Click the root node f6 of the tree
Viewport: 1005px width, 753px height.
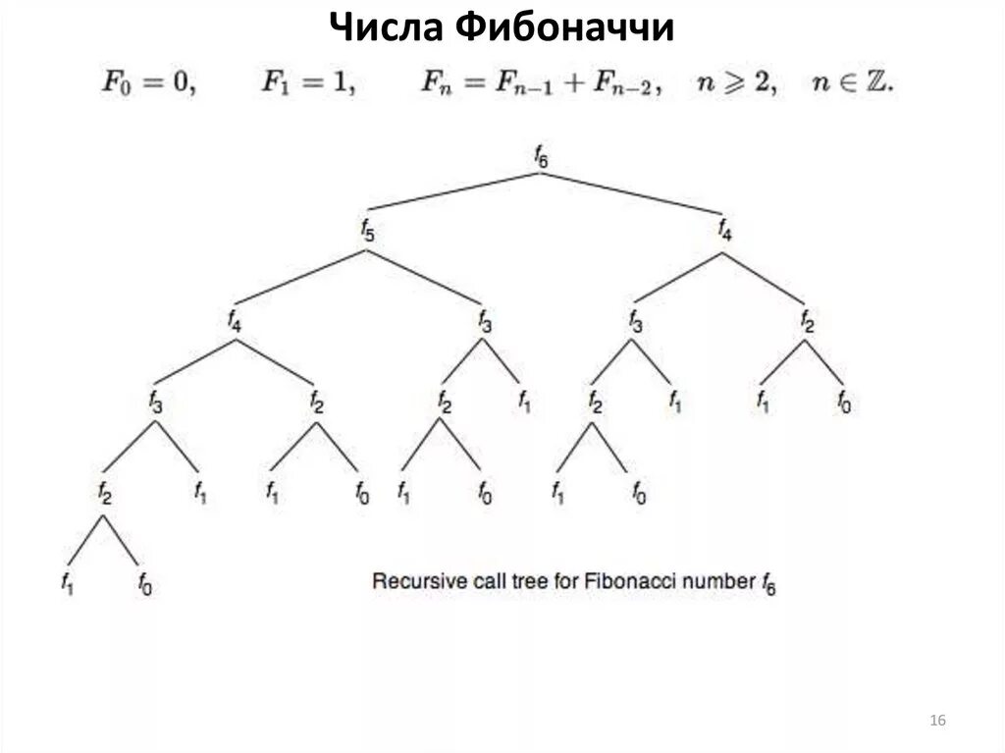point(541,156)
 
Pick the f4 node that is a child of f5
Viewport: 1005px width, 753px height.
point(234,320)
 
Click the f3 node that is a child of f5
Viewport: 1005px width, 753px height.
point(484,320)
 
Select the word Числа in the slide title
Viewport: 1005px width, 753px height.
point(387,27)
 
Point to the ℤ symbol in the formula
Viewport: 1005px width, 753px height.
point(876,84)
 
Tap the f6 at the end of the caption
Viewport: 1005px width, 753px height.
point(767,584)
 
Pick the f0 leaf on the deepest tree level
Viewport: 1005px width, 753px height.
point(145,585)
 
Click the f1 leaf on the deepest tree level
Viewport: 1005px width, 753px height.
point(67,585)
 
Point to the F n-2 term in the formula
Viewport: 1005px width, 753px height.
point(627,86)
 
